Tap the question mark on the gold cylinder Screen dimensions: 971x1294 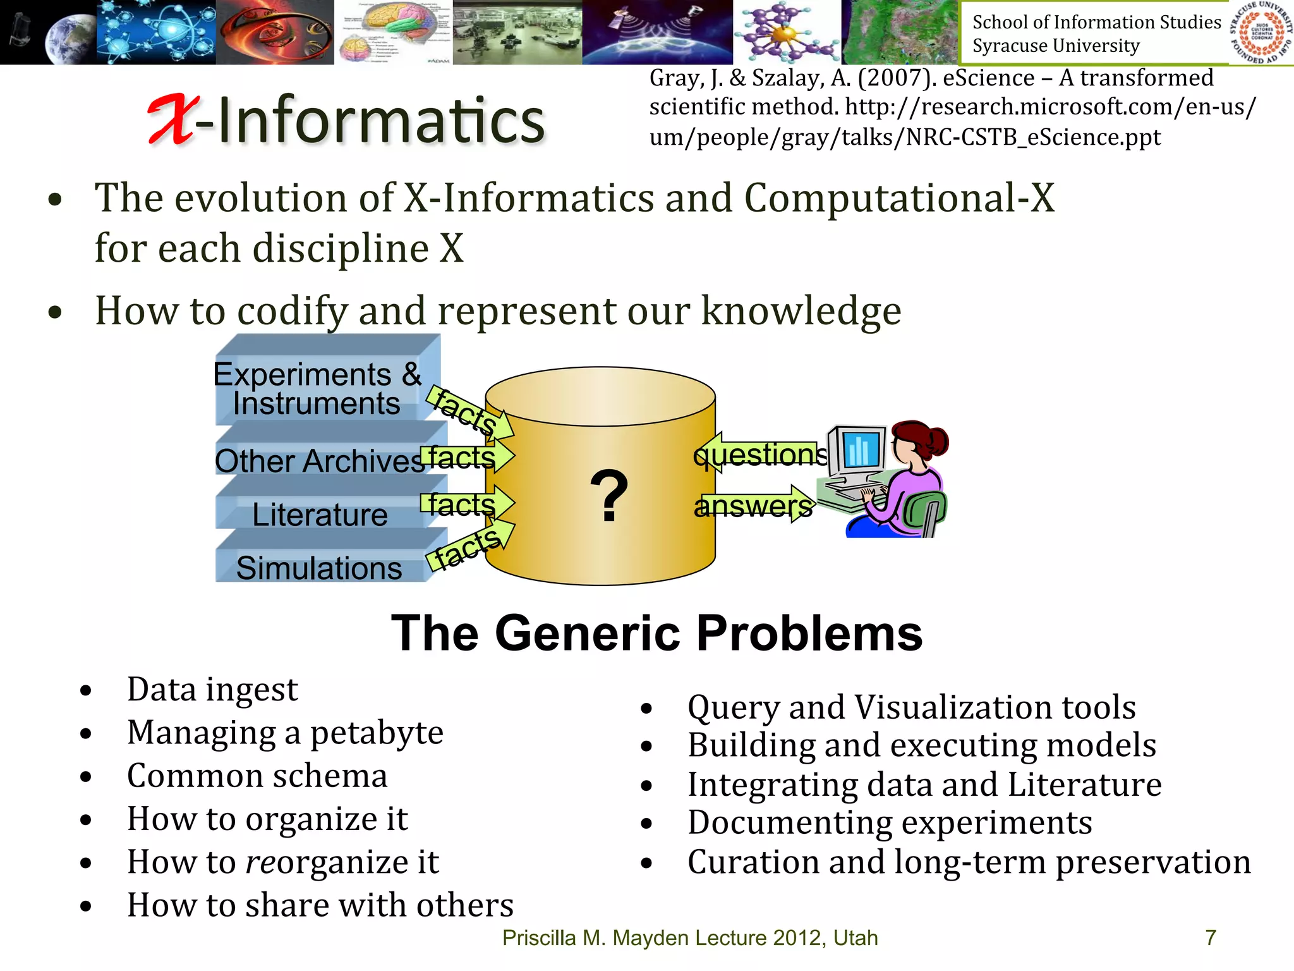(x=608, y=497)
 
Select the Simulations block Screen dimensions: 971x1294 (x=319, y=567)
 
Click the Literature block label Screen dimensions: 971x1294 (x=320, y=514)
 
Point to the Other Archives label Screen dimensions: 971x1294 (x=319, y=460)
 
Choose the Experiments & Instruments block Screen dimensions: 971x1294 (x=317, y=388)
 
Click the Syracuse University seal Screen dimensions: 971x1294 (x=1261, y=32)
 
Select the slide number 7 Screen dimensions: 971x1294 (x=1210, y=937)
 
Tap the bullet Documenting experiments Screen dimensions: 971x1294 (x=889, y=822)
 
